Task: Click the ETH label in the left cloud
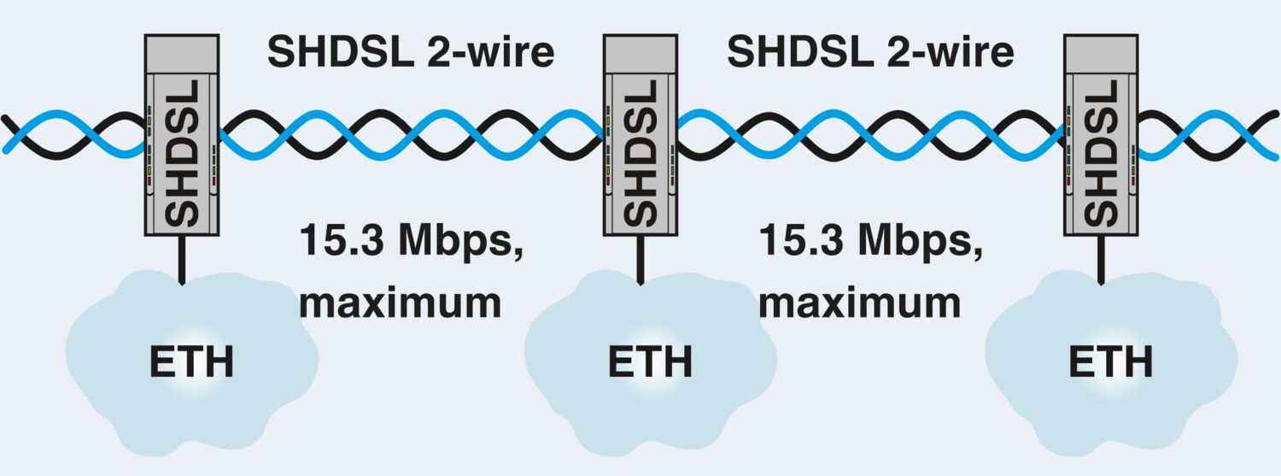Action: tap(191, 361)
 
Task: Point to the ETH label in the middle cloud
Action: tap(650, 361)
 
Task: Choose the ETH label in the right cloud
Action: tap(1109, 361)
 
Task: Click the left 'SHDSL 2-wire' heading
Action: tap(411, 53)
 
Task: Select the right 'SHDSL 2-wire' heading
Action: tap(870, 53)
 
